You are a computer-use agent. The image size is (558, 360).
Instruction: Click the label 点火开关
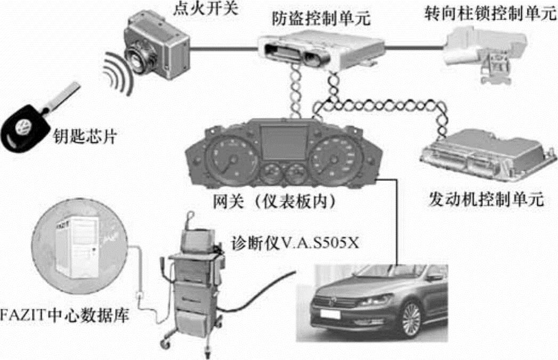tap(205, 8)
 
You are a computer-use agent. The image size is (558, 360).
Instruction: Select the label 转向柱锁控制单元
tap(490, 13)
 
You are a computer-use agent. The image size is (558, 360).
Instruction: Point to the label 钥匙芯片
tap(85, 135)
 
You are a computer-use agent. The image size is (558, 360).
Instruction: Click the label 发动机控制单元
tap(486, 199)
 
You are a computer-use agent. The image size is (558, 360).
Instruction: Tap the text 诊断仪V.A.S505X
tap(295, 243)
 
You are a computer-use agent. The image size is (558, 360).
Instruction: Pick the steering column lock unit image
tap(486, 53)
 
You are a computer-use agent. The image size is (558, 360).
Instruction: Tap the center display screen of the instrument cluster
tap(284, 142)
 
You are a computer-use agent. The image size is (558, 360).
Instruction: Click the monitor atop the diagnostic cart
tap(197, 240)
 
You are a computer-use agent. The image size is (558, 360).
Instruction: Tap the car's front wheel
tap(411, 319)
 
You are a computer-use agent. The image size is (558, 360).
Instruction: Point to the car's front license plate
tap(330, 314)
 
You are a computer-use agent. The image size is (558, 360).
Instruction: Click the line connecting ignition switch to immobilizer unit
tap(224, 48)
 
